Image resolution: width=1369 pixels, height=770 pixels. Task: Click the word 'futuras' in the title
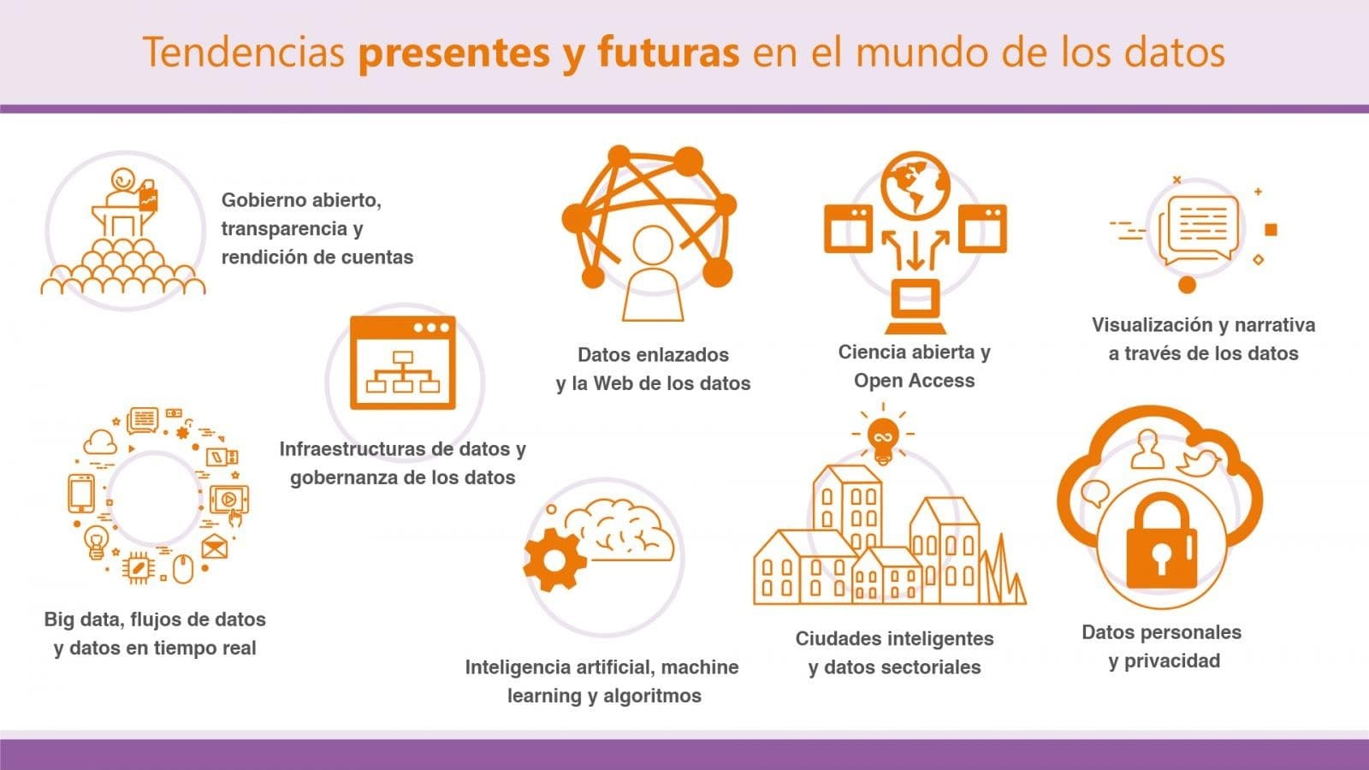point(668,52)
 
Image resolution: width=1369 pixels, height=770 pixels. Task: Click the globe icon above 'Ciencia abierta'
point(915,186)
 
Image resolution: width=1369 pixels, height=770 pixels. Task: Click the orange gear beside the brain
point(554,560)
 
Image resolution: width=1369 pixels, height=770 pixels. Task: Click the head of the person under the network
point(653,246)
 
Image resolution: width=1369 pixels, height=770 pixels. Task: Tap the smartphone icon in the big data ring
point(81,493)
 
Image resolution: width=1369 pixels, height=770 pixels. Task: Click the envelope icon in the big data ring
point(214,547)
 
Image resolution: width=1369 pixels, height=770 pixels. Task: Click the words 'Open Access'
point(915,381)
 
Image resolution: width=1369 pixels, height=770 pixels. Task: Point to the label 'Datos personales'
point(1161,632)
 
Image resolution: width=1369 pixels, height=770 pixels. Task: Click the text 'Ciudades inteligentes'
point(894,638)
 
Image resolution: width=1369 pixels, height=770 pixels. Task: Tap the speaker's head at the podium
point(123,181)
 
